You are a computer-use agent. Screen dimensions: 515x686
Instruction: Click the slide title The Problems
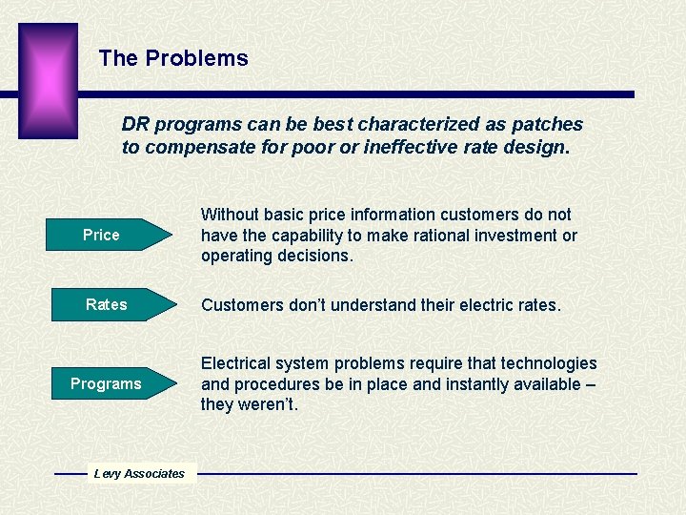point(172,58)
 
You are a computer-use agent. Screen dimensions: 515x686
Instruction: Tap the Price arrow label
point(101,235)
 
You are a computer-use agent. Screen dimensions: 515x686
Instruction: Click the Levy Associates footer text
point(139,473)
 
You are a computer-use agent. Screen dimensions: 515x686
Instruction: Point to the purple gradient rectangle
point(48,80)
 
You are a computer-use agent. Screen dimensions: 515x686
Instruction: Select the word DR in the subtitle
point(135,125)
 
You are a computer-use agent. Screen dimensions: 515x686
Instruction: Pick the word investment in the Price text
point(510,236)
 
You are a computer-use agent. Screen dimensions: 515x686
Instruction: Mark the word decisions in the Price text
point(316,256)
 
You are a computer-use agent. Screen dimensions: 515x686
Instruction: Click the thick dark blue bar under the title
point(353,94)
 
